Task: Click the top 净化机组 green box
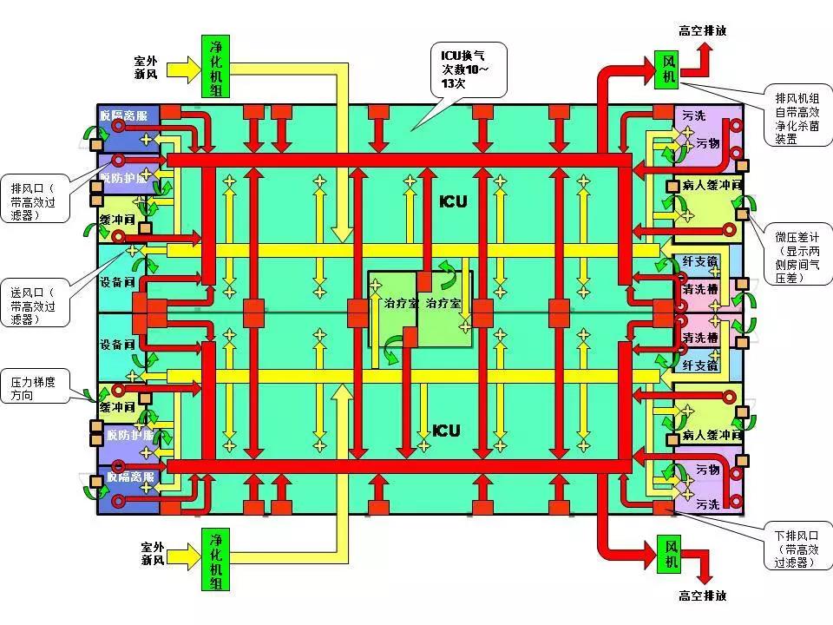pyautogui.click(x=215, y=66)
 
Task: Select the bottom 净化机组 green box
pyautogui.click(x=215, y=558)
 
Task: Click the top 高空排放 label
pyautogui.click(x=702, y=30)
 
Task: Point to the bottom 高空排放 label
pyautogui.click(x=702, y=596)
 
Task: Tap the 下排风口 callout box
pyautogui.click(x=794, y=543)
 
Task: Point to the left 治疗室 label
pyautogui.click(x=401, y=305)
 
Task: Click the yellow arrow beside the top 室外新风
pyautogui.click(x=183, y=69)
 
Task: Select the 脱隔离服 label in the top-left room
pyautogui.click(x=128, y=115)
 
